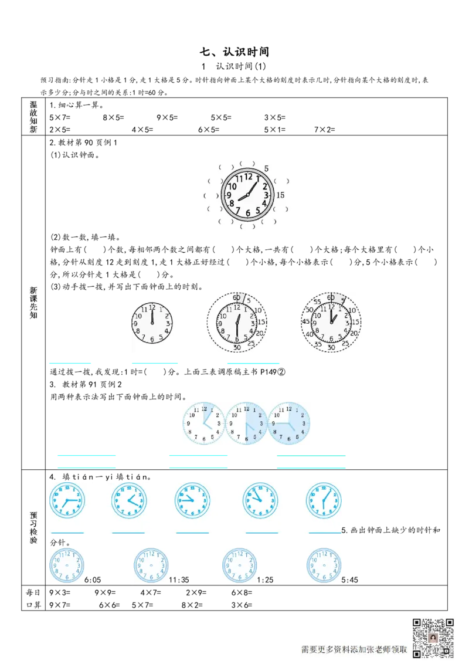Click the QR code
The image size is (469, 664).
tap(433, 638)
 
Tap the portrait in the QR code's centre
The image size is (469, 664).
tap(433, 638)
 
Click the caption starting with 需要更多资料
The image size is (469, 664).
tap(354, 649)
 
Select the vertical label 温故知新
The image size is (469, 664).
tap(33, 117)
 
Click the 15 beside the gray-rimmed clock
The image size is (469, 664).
tap(280, 195)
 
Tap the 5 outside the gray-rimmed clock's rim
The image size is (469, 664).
tap(266, 168)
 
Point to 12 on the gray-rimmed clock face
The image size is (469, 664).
tap(248, 176)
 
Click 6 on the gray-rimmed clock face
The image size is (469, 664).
tap(248, 213)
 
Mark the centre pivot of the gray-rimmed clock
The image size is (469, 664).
tap(247, 195)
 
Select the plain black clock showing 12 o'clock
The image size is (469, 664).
tap(152, 323)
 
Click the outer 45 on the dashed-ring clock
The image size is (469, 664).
tap(305, 321)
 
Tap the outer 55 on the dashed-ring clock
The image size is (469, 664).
tap(317, 301)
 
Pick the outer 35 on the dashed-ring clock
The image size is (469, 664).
tap(317, 344)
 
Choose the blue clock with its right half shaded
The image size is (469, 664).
tap(246, 422)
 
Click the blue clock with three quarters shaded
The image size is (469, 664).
tap(290, 422)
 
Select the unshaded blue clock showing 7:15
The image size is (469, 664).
tap(66, 500)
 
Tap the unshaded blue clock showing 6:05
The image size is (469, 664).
tap(324, 500)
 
